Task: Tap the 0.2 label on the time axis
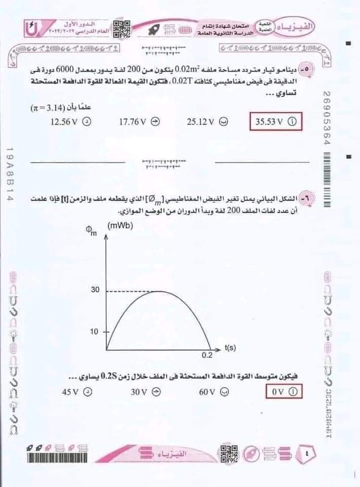coord(207,355)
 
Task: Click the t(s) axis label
coord(230,348)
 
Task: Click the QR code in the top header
coord(121,29)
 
